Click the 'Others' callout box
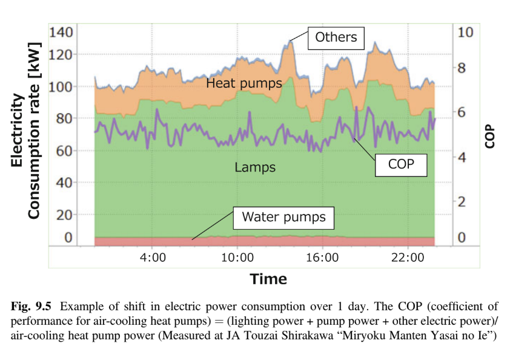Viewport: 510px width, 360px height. tap(336, 38)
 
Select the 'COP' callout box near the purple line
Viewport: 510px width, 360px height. tap(401, 164)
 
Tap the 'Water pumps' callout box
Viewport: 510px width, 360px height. tap(283, 217)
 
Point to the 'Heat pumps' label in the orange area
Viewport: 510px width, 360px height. tap(244, 83)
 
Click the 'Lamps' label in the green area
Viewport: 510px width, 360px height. tap(255, 167)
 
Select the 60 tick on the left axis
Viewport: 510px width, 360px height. tap(63, 150)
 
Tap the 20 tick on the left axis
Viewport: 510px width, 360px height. tap(63, 215)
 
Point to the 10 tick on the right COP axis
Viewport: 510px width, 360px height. tap(465, 32)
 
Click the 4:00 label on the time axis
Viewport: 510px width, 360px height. tap(153, 257)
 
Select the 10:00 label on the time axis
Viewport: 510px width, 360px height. tap(237, 257)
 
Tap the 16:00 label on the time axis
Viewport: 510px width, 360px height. tap(322, 257)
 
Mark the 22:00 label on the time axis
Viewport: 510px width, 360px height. tap(408, 257)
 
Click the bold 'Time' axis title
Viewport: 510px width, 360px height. tap(268, 279)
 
